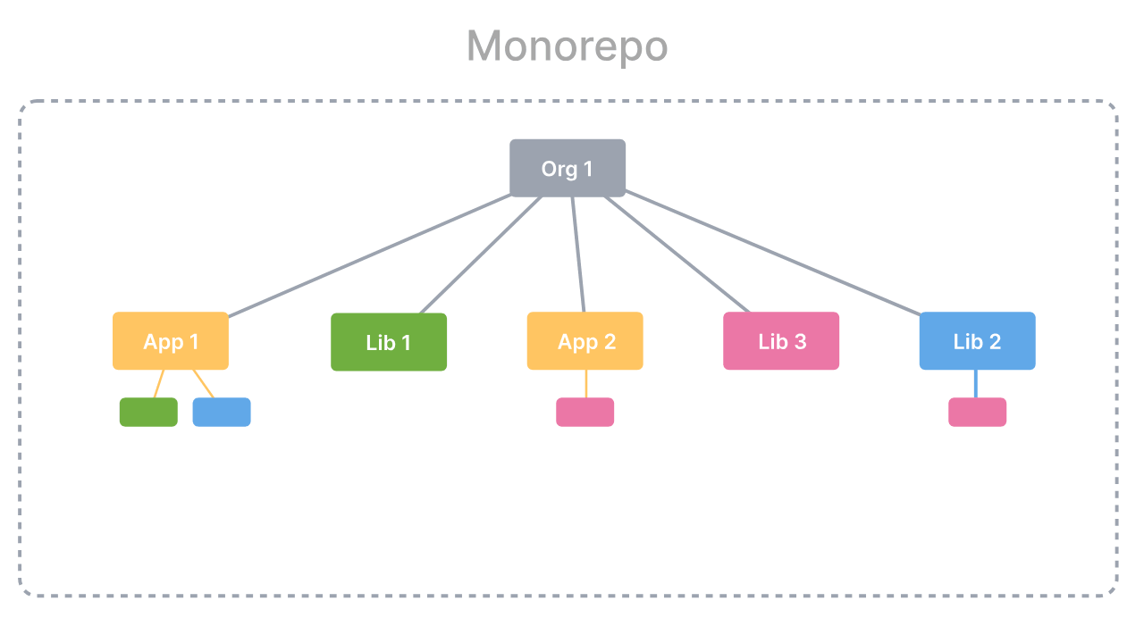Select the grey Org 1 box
(x=568, y=168)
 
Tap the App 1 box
(x=171, y=341)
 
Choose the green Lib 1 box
(x=389, y=342)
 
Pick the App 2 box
(x=585, y=341)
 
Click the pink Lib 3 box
(x=781, y=341)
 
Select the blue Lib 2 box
(x=978, y=341)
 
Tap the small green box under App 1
(x=148, y=412)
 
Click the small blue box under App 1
(x=222, y=412)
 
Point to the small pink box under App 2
(x=585, y=412)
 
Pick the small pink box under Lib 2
(x=978, y=412)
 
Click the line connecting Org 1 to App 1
(x=370, y=255)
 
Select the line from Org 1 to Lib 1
(x=481, y=255)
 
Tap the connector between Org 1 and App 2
(x=578, y=255)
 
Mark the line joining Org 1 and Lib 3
(x=677, y=255)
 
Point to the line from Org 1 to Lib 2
(x=773, y=253)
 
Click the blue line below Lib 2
(x=976, y=384)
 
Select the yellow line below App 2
(x=585, y=384)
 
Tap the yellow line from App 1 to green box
(x=159, y=384)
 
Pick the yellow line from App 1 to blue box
(x=203, y=384)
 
